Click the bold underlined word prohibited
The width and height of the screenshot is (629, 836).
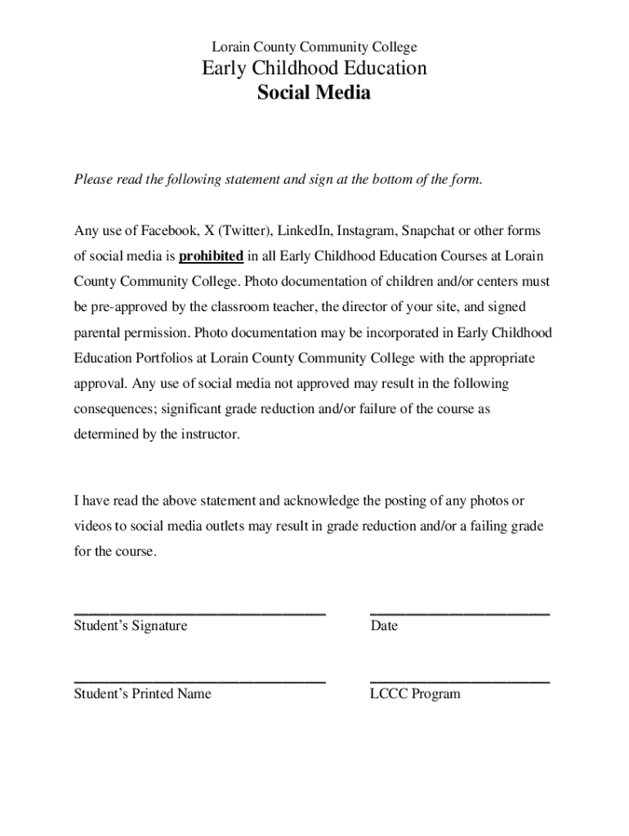tap(211, 256)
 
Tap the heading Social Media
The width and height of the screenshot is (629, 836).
tap(314, 93)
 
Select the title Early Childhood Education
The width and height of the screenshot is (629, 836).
tap(314, 69)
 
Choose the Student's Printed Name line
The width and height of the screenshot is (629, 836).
tap(199, 680)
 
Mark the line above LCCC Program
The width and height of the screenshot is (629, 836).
tap(459, 680)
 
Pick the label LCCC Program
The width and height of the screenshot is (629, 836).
tap(415, 694)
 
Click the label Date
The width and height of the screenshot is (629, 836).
tap(384, 626)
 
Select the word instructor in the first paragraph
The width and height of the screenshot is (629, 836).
tap(212, 434)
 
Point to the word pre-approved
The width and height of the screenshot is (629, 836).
tap(128, 308)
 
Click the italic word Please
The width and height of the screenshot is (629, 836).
tap(92, 180)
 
